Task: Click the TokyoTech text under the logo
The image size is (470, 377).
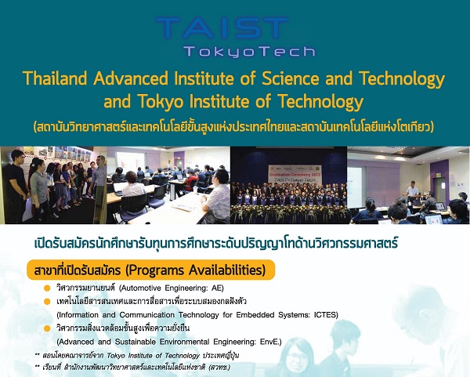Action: click(x=248, y=52)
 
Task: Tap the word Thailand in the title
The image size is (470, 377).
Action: click(x=57, y=79)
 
